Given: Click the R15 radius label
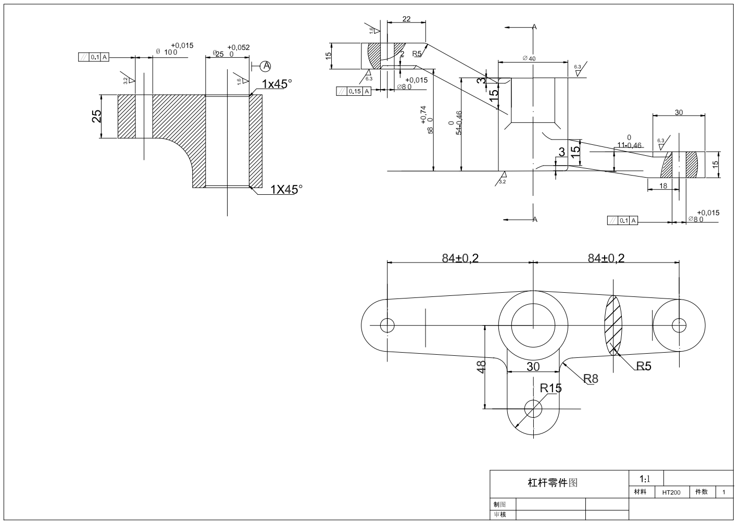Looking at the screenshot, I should coord(550,388).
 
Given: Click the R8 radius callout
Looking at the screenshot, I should coord(591,379).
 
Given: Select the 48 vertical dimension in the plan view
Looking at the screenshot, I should coord(482,366).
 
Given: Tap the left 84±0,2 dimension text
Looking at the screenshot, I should coord(460,258).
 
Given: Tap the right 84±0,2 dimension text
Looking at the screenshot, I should coord(606,258).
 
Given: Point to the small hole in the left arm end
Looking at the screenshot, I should coord(387,325).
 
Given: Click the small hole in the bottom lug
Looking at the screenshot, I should coord(533,408).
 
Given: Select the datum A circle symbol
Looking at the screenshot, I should coord(266,66).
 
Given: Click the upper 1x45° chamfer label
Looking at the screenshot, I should coord(277,84).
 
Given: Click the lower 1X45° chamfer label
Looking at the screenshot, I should coord(286,190).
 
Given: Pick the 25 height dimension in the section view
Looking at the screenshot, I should coord(97,117).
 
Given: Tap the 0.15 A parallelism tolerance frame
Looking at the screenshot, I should coord(354,91).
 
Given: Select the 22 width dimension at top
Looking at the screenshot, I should coord(406,19).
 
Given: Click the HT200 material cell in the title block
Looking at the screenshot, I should coord(671,492).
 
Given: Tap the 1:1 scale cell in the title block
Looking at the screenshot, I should coord(645,479).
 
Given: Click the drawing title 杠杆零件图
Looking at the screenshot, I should coord(553,483).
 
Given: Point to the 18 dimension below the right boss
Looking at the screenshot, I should coord(663,185).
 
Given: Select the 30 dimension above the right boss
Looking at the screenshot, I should coord(679,112).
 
